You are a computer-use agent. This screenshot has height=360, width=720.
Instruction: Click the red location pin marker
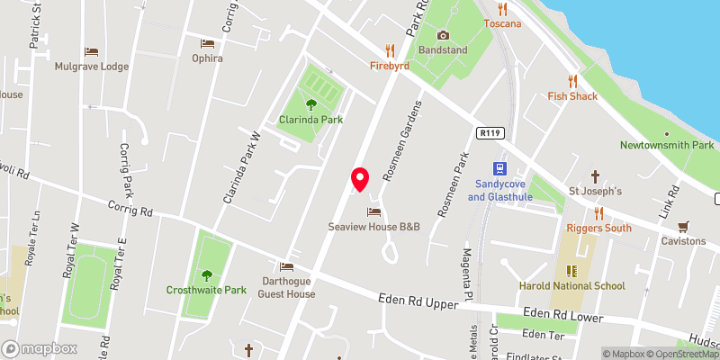pyautogui.click(x=360, y=179)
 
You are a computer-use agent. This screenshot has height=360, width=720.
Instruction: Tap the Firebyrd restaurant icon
pyautogui.click(x=390, y=49)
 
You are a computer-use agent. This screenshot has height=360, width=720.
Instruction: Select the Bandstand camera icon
pyautogui.click(x=442, y=35)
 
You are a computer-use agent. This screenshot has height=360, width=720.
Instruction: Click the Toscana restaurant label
pyautogui.click(x=502, y=23)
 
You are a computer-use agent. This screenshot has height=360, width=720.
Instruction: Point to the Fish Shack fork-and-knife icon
pyautogui.click(x=572, y=81)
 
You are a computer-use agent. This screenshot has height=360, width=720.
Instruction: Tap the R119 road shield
pyautogui.click(x=490, y=133)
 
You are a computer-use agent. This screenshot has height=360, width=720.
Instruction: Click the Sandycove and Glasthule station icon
pyautogui.click(x=498, y=167)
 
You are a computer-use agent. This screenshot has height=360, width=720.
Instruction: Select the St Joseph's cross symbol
pyautogui.click(x=594, y=176)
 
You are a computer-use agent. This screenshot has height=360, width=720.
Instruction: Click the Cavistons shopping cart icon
pyautogui.click(x=683, y=227)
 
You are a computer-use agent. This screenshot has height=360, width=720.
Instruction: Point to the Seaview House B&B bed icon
pyautogui.click(x=373, y=211)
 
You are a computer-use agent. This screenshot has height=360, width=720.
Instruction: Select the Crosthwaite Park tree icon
pyautogui.click(x=206, y=275)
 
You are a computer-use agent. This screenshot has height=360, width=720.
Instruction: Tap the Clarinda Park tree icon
pyautogui.click(x=311, y=103)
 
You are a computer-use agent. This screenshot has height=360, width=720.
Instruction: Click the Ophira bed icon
pyautogui.click(x=207, y=42)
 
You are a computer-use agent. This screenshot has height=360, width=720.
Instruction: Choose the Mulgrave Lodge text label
pyautogui.click(x=91, y=67)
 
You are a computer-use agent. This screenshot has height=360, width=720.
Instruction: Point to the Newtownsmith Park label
pyautogui.click(x=667, y=145)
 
